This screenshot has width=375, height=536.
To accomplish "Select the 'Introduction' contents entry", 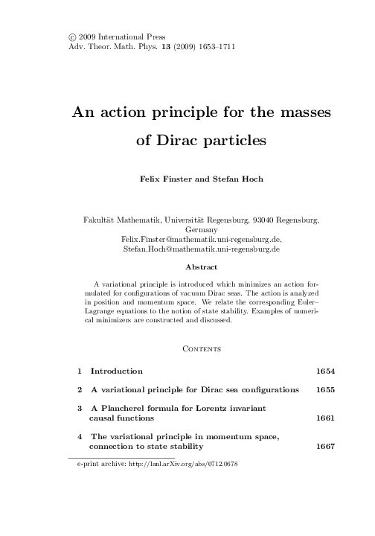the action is (x=116, y=370).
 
